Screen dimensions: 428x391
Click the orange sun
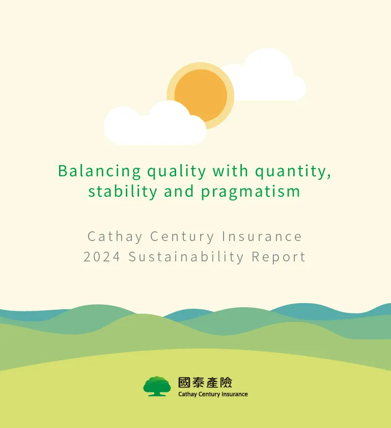coord(201,95)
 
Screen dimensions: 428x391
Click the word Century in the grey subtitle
coord(183,236)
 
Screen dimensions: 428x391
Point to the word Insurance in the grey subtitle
coord(262,236)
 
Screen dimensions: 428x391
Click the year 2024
coord(102,257)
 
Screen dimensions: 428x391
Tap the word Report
coord(279,257)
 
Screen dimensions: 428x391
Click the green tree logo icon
coord(157,386)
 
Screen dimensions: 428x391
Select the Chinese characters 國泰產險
coord(205,383)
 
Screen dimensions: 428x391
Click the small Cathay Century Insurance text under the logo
coord(213,394)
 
